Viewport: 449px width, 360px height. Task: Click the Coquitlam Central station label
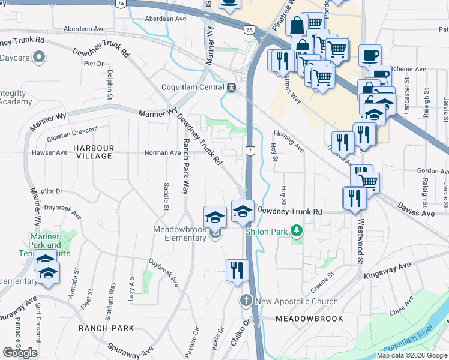pos(192,87)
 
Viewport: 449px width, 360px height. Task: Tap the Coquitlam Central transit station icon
pos(231,87)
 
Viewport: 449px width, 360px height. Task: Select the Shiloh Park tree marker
pos(295,230)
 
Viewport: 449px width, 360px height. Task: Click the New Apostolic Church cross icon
pos(246,301)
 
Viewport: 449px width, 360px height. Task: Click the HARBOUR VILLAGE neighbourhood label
pos(93,152)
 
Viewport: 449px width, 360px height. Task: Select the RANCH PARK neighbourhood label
pos(106,328)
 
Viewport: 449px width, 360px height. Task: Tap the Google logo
pos(20,353)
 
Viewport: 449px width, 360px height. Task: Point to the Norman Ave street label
pos(162,153)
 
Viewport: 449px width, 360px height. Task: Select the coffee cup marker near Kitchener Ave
pos(370,56)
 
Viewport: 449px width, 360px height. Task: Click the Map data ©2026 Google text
pos(412,355)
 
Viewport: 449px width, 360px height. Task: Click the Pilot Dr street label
pos(51,191)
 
